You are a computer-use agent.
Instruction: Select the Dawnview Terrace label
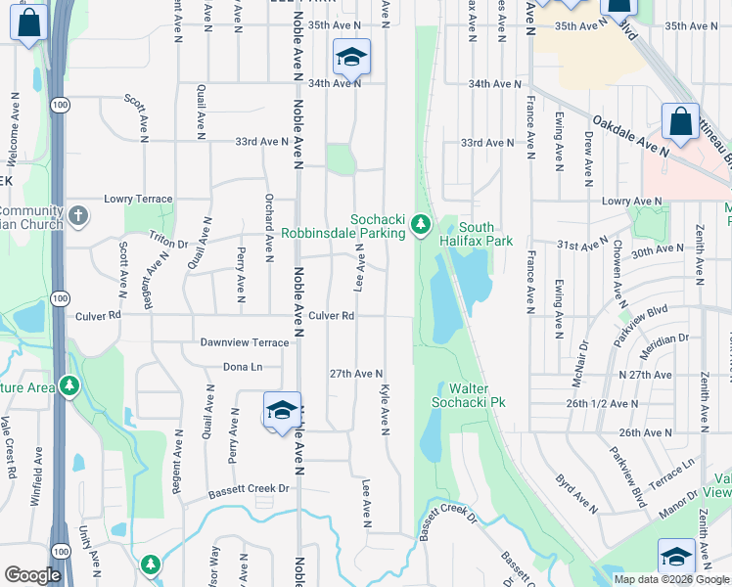click(x=244, y=342)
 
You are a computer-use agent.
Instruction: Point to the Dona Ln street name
click(x=244, y=367)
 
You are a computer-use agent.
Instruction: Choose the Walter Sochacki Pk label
click(x=471, y=395)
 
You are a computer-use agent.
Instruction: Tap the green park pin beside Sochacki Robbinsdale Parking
click(x=421, y=225)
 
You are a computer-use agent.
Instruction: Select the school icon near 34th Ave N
click(x=350, y=58)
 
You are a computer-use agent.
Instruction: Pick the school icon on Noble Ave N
click(x=281, y=411)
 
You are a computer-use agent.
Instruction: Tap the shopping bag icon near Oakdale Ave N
click(x=680, y=122)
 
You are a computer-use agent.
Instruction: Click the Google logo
click(x=32, y=575)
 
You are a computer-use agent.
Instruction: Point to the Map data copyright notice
click(x=671, y=579)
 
